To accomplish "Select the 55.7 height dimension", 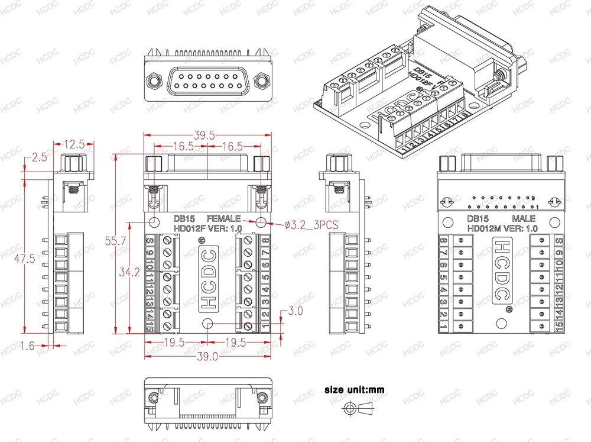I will (122, 241).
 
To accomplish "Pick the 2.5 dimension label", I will (39, 157).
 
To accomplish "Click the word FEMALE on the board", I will (223, 218).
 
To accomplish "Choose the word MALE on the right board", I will (523, 218).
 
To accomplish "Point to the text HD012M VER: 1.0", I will (502, 228).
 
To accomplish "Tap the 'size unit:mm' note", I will (354, 390).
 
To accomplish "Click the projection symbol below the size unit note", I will (358, 408).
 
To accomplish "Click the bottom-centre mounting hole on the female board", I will (207, 324).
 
